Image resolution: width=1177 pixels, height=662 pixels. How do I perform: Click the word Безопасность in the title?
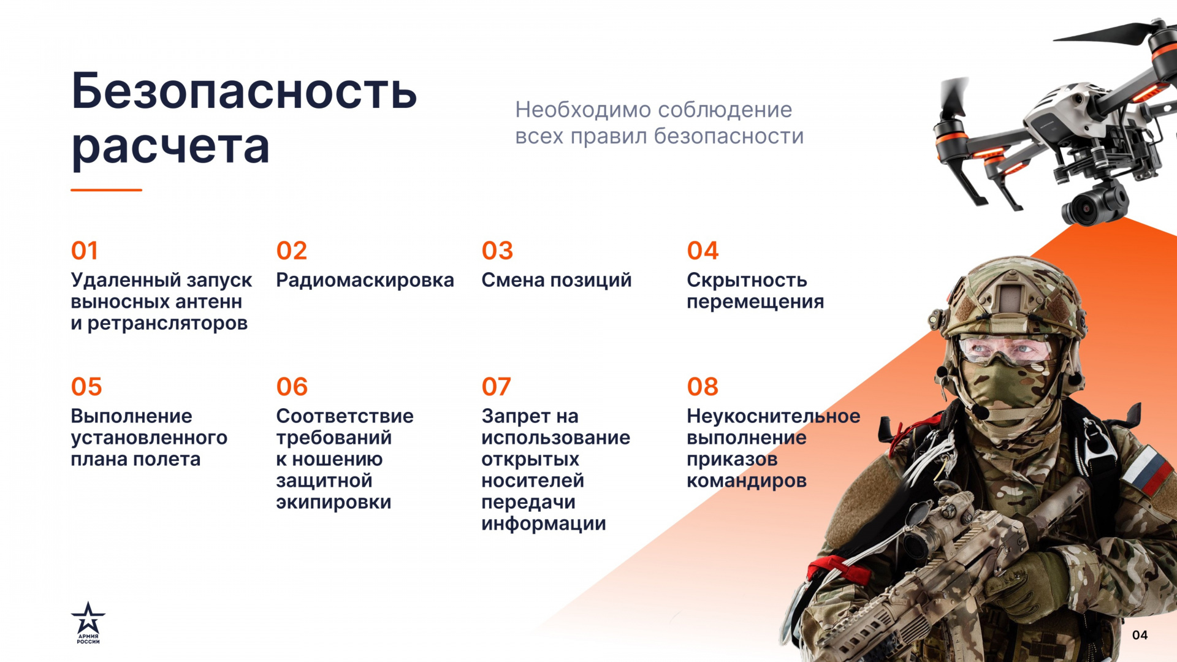point(244,91)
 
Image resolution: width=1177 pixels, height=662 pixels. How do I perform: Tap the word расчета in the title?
point(170,147)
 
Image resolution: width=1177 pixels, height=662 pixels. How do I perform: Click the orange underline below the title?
point(106,190)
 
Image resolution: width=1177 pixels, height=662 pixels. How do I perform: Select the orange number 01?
point(85,251)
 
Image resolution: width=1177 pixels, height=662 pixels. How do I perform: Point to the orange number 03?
point(497,251)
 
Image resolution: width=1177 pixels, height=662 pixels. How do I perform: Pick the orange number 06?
point(292,387)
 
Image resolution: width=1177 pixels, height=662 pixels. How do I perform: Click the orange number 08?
point(703,387)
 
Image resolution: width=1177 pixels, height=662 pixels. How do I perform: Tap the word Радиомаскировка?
point(365,280)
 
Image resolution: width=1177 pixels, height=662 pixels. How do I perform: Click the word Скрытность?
point(747,280)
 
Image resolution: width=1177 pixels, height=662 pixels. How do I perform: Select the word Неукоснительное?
point(774,416)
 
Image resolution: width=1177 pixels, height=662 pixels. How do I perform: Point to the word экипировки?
point(333,503)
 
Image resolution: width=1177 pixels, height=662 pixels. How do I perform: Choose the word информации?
point(544,524)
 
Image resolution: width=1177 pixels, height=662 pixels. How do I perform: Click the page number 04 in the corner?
point(1140,635)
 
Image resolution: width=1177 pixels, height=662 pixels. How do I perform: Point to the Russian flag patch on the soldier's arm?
point(1147,470)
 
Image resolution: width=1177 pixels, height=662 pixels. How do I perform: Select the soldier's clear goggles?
point(1005,351)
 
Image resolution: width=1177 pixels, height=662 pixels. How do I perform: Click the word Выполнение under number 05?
point(132,416)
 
